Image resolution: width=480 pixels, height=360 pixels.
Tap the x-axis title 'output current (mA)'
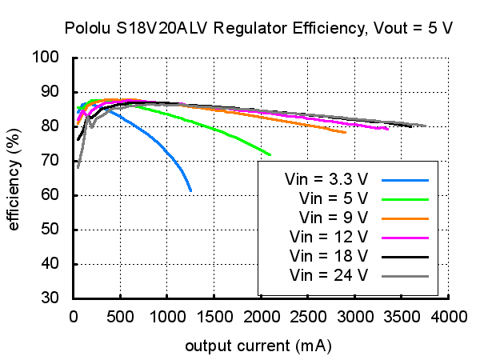258,347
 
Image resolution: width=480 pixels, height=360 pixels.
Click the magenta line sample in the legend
406,237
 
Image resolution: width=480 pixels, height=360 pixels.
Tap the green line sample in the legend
406,198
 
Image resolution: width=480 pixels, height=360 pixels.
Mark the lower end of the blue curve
190,190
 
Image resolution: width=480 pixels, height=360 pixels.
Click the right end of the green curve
270,154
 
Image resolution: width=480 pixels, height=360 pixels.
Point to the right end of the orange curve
346,132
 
